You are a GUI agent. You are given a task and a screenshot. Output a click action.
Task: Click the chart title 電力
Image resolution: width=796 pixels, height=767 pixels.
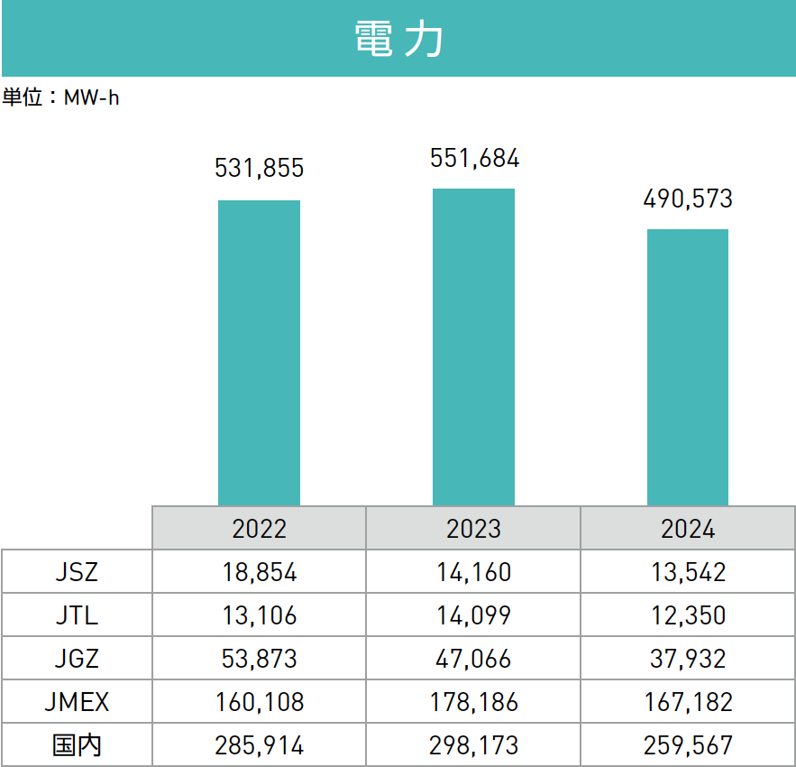click(x=398, y=40)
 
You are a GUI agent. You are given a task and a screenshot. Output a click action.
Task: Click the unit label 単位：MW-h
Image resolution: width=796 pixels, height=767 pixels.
click(x=61, y=97)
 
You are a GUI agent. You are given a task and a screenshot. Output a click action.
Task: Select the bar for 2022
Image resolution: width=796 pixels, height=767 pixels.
click(x=259, y=352)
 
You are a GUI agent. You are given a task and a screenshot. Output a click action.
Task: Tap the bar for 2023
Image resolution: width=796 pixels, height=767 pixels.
click(x=473, y=347)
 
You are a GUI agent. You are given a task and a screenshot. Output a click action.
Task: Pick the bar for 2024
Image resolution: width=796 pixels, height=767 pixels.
click(x=688, y=366)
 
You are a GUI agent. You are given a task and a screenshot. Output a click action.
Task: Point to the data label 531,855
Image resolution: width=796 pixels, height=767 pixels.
click(x=259, y=168)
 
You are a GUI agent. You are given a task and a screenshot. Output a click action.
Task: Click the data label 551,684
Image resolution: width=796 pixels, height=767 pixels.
click(x=474, y=158)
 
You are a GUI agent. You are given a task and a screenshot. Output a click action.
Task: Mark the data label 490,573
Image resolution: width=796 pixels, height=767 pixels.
click(x=688, y=199)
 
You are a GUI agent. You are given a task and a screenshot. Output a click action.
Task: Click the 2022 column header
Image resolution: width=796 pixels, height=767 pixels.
click(x=259, y=528)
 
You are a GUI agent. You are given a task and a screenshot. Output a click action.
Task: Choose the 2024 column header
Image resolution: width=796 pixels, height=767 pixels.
click(x=688, y=528)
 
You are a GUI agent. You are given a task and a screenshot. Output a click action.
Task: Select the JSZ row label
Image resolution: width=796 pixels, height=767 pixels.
click(x=77, y=571)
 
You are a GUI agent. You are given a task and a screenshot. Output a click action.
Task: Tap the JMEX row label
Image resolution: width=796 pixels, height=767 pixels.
click(x=77, y=702)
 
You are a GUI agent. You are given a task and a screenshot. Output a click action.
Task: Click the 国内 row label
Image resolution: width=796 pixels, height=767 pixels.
click(x=77, y=745)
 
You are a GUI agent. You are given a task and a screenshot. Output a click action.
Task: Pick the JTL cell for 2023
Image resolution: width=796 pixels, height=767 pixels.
click(x=473, y=615)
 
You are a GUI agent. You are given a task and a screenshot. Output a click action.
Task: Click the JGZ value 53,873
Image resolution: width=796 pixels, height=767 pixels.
click(x=259, y=659)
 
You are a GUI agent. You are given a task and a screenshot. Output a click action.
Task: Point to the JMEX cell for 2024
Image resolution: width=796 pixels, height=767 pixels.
click(x=688, y=702)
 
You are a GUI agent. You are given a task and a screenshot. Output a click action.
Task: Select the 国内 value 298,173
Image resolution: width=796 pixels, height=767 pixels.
click(x=473, y=745)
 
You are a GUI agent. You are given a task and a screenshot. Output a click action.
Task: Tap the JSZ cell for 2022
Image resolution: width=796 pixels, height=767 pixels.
click(x=259, y=571)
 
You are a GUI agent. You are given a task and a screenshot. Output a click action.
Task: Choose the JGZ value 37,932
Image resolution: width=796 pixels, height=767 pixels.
click(x=688, y=659)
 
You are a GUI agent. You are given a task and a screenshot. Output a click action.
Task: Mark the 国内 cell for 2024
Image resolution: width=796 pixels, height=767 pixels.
click(x=688, y=745)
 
